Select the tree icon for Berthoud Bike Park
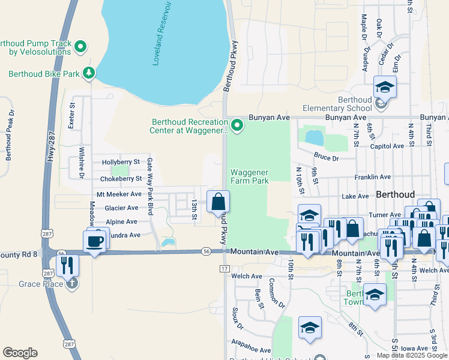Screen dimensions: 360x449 point(89,73)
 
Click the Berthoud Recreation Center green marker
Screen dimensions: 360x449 point(237,125)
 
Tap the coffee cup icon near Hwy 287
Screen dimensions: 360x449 point(95,241)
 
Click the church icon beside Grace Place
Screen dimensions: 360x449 point(72,283)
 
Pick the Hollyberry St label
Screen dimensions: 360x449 point(121,162)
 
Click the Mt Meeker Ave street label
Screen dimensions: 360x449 point(118,194)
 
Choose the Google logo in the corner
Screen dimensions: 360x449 point(20,353)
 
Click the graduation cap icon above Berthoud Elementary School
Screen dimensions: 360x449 point(385,87)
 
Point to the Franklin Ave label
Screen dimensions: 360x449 point(372,177)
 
